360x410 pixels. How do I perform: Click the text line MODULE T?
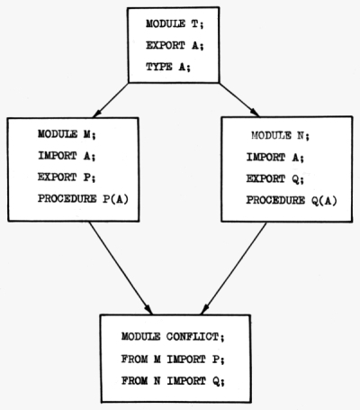point(175,24)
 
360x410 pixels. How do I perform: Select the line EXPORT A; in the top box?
point(175,46)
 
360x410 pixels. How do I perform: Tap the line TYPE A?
point(168,67)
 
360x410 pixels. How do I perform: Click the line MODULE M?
point(67,134)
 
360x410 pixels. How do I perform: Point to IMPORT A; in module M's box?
point(67,156)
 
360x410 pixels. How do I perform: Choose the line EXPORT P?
point(67,178)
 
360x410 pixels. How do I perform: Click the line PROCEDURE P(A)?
point(83,199)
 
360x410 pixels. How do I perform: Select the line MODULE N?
point(280,136)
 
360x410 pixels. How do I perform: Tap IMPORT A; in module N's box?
point(275,158)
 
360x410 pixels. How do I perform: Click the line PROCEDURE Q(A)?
point(292,201)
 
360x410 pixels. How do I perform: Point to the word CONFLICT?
point(193,337)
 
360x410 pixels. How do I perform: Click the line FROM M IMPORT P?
point(173,360)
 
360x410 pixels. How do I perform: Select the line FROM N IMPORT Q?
point(173,381)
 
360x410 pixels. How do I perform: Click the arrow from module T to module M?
point(111,100)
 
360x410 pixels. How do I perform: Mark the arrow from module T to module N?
point(239,100)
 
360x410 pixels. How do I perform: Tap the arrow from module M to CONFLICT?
point(121,268)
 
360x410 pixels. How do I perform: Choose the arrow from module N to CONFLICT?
point(234,269)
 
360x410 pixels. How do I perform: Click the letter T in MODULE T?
point(194,23)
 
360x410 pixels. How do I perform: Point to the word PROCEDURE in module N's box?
point(275,200)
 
